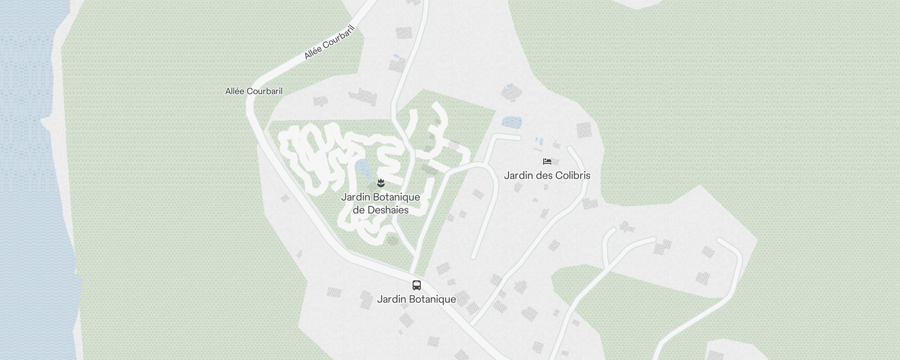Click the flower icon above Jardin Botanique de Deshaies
tap(381, 183)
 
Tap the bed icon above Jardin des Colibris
tap(547, 162)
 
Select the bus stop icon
tap(417, 285)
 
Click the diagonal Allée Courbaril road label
tap(329, 42)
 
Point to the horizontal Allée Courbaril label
tap(254, 91)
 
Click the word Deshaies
tap(388, 210)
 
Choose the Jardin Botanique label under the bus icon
tap(417, 299)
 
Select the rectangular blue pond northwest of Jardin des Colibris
tap(511, 122)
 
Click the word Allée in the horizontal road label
tap(235, 91)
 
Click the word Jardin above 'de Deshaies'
tap(355, 197)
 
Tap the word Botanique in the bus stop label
tap(434, 299)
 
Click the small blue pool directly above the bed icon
tap(541, 141)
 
